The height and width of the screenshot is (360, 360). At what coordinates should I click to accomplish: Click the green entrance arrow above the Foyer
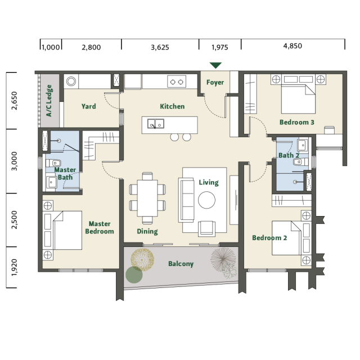click(x=215, y=65)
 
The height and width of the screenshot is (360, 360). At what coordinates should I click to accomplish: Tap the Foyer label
click(x=215, y=83)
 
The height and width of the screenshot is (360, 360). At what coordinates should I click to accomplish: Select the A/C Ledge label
click(x=49, y=101)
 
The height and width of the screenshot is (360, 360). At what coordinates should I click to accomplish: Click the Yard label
click(x=88, y=106)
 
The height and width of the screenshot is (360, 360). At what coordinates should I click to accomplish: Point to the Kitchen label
click(x=172, y=106)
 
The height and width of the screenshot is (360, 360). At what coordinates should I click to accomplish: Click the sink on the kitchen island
click(x=155, y=123)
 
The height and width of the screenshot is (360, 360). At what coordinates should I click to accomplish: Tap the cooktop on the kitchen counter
click(x=177, y=82)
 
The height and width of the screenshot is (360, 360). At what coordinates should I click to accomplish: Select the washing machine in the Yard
click(x=71, y=81)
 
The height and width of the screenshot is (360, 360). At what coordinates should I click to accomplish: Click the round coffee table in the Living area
click(x=206, y=200)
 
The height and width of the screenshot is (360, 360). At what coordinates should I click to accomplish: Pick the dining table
click(x=148, y=197)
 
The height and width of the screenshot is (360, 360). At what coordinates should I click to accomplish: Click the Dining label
click(x=147, y=231)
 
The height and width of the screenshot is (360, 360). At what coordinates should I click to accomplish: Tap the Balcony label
click(x=181, y=263)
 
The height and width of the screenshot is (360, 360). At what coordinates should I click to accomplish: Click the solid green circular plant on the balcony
click(x=134, y=274)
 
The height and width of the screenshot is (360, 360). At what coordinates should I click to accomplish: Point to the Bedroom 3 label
click(x=296, y=122)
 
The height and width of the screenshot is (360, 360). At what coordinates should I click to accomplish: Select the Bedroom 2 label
click(x=269, y=238)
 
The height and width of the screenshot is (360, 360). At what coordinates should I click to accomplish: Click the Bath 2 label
click(x=289, y=155)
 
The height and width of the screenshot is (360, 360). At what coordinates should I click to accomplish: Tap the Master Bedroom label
click(x=100, y=227)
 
